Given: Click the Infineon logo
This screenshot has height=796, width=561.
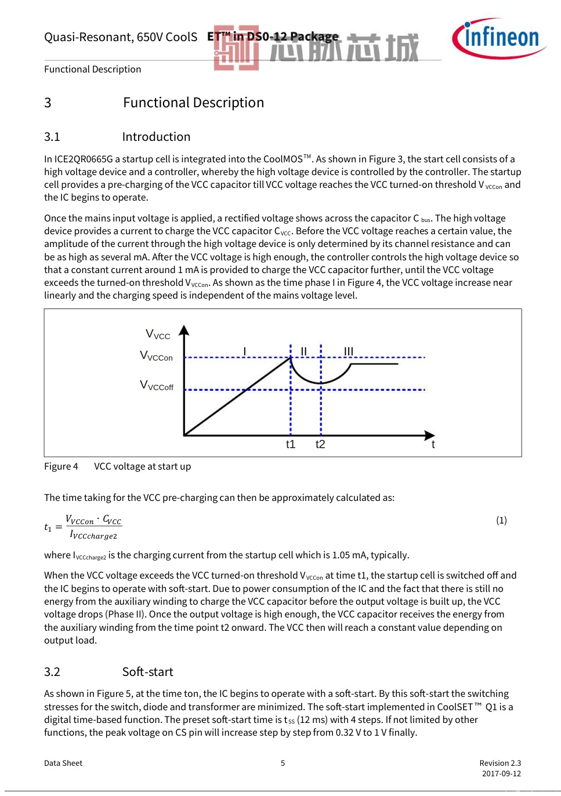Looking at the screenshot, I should (498, 38).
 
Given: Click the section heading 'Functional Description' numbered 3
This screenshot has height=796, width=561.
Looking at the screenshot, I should (193, 103).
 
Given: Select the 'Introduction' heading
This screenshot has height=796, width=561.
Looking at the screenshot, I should (156, 137).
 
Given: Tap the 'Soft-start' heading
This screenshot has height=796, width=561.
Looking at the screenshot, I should (147, 672).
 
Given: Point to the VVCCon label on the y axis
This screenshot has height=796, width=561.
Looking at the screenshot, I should (156, 356).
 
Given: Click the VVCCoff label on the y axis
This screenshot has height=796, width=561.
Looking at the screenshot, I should (156, 386).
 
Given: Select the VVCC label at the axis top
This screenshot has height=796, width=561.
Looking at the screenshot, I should (158, 335).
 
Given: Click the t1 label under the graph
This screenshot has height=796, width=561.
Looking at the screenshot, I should (291, 445).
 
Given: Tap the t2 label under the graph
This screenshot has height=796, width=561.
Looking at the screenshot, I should (320, 445).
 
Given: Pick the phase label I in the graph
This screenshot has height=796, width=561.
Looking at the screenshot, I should (245, 351).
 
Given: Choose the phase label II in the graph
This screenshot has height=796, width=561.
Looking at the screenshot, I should (303, 351).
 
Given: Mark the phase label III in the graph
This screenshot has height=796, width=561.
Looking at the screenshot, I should (348, 351).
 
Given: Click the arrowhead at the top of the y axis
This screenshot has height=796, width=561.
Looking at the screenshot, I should (184, 330).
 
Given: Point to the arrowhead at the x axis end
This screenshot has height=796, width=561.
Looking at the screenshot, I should (429, 435).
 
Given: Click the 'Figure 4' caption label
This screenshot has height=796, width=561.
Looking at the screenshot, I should (61, 467).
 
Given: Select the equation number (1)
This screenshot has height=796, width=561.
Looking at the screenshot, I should (501, 520).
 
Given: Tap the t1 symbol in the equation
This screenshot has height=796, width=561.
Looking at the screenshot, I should (48, 528).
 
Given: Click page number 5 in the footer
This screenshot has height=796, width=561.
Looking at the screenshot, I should (283, 763).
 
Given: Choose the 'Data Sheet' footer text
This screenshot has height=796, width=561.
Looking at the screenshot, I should (63, 763).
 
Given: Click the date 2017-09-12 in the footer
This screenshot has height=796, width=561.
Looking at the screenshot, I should (501, 773).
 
